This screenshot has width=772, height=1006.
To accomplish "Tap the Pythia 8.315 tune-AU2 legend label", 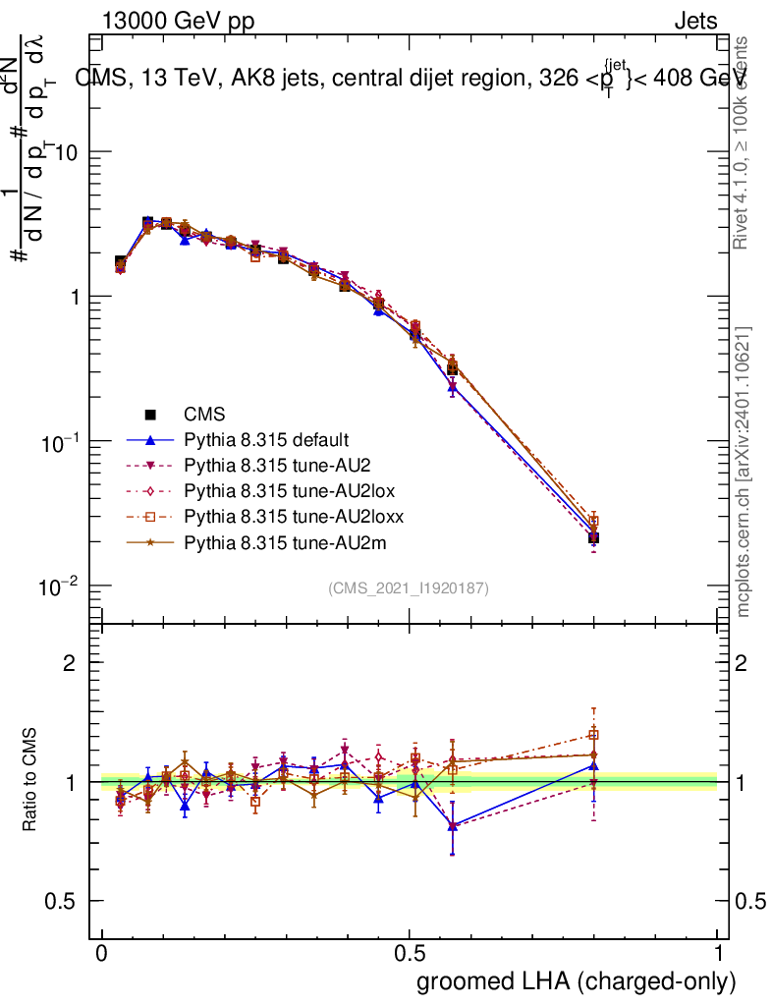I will coord(268,465).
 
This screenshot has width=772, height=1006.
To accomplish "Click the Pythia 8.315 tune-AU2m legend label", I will coord(272,539).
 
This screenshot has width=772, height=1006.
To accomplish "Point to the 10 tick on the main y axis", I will coord(68,152).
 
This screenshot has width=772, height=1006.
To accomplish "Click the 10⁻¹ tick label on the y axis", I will coord(61,443).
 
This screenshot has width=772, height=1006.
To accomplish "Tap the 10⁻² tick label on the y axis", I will coord(61,587).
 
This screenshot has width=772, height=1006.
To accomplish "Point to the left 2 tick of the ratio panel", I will coord(69,663).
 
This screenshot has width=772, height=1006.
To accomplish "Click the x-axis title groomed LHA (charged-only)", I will coord(577,981).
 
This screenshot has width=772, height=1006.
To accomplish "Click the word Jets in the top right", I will coord(695,21).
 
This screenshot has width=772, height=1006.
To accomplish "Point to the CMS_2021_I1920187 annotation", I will coord(409,587).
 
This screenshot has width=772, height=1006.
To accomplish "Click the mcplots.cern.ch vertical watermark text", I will coord(744,472).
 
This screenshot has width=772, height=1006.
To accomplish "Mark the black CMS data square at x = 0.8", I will coord(593,537).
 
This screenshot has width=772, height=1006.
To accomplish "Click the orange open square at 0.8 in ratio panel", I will coord(593,735).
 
